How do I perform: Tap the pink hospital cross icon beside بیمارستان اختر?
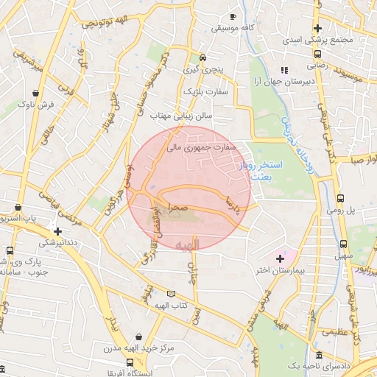click(280, 258)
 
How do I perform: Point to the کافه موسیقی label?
click(232, 28)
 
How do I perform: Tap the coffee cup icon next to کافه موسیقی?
click(233, 16)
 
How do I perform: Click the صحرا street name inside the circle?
click(177, 208)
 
